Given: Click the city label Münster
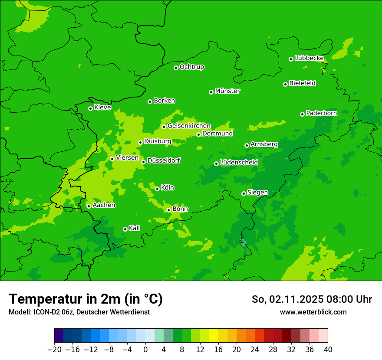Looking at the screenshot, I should tap(227, 91).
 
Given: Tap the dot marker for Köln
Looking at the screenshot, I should tap(157, 189).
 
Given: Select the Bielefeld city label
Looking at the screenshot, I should tap(302, 83).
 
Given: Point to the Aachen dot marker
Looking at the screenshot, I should tap(89, 206).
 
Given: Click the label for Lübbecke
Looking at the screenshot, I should tap(309, 58).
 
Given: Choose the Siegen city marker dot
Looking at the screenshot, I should tap(244, 193).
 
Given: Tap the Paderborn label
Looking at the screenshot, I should tap(321, 113).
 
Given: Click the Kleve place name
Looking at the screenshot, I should tap(102, 108).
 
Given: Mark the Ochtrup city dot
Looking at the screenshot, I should tap(176, 68).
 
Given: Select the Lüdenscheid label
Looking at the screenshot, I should tap(239, 163).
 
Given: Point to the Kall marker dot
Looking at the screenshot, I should tap(125, 229).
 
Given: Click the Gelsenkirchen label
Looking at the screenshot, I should tap(189, 126).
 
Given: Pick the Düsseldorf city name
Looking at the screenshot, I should tap(163, 160).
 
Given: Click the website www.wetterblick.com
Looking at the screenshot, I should tap(313, 312).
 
